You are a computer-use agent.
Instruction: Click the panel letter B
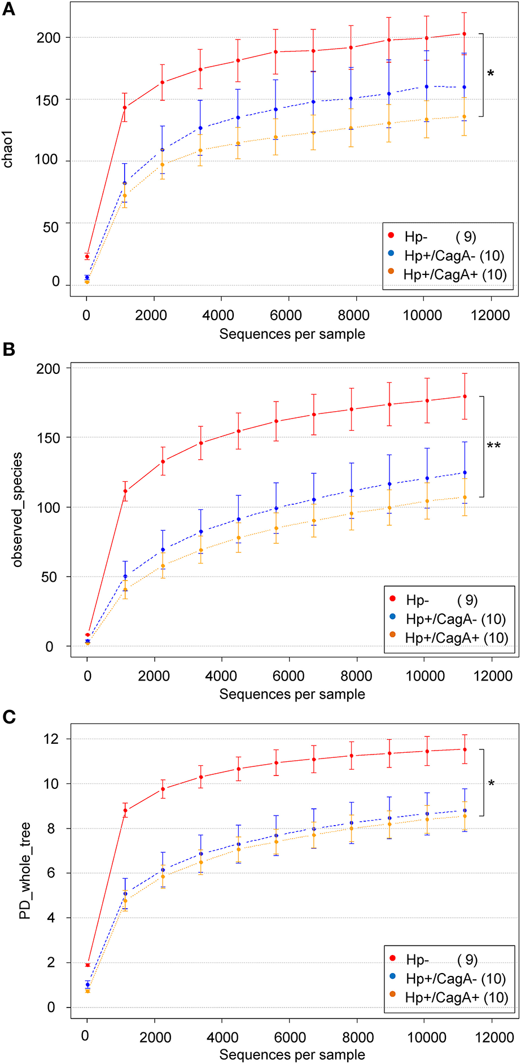pos(8,350)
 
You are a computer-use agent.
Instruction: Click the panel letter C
pos(8,717)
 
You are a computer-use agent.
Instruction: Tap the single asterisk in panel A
pos(491,74)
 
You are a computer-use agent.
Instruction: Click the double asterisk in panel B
pos(493,446)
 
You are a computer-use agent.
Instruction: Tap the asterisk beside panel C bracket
pos(491,784)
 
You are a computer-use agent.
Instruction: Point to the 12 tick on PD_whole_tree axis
pos(51,739)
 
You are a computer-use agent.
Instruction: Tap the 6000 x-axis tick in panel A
pos(288,315)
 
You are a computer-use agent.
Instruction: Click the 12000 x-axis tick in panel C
pos(492,1037)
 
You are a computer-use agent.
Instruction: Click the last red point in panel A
pos(464,34)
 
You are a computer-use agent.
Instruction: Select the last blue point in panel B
pos(465,473)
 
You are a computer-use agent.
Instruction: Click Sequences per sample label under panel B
pos(292,694)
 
